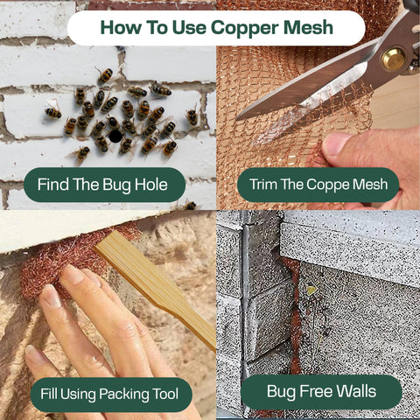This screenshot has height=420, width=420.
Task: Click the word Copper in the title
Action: (x=245, y=28)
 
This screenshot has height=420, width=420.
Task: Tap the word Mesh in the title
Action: (x=308, y=27)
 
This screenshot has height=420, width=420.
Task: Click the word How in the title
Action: (x=121, y=27)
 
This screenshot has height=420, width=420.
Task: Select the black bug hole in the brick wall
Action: (x=115, y=136)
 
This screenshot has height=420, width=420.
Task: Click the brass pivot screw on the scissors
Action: (x=394, y=59)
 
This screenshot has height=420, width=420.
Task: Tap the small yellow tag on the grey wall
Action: (x=311, y=290)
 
